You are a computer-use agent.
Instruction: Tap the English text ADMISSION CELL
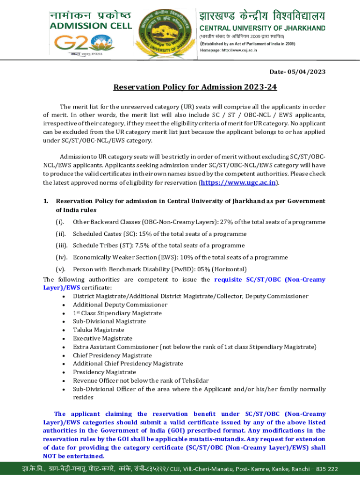point(91,26)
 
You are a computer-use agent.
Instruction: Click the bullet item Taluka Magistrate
point(99,330)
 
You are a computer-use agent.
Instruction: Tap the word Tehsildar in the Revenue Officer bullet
point(193,380)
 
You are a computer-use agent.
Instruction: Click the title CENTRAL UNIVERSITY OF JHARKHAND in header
point(263,28)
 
